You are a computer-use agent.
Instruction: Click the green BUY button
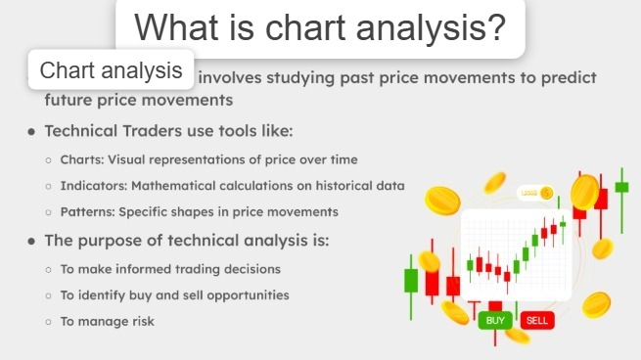pyautogui.click(x=494, y=320)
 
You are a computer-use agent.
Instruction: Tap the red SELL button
pyautogui.click(x=535, y=320)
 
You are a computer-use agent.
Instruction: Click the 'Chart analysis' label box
pyautogui.click(x=112, y=70)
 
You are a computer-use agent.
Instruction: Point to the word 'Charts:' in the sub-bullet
pyautogui.click(x=83, y=159)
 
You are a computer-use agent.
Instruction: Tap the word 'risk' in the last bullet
pyautogui.click(x=142, y=321)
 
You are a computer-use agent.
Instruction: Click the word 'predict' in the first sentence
pyautogui.click(x=568, y=78)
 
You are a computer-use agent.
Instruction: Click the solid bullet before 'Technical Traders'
pyautogui.click(x=32, y=132)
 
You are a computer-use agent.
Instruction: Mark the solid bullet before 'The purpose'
pyautogui.click(x=32, y=241)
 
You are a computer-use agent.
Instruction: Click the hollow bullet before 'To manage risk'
pyautogui.click(x=49, y=322)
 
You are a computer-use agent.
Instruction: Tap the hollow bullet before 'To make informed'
pyautogui.click(x=49, y=269)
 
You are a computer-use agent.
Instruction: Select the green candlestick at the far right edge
pyautogui.click(x=621, y=186)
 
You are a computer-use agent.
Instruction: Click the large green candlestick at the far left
pyautogui.click(x=411, y=280)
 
